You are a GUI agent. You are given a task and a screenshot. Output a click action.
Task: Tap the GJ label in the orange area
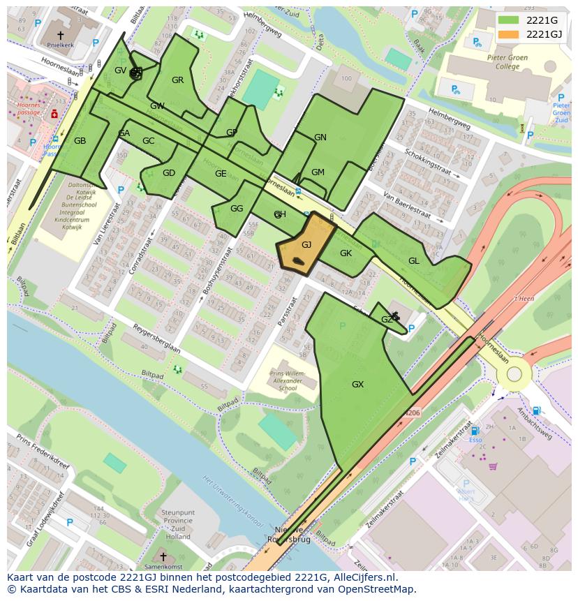coord(306,245)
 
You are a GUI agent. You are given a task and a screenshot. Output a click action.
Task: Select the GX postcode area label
coord(357,385)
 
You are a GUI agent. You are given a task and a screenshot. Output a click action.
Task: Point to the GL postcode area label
coord(414,261)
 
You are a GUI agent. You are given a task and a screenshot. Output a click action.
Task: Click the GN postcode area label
coord(320,138)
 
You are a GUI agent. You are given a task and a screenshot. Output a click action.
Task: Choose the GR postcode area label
coord(177,80)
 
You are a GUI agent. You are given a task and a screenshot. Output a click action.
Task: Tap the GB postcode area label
coord(80,141)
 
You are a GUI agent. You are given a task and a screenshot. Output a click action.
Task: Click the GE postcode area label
coord(221,174)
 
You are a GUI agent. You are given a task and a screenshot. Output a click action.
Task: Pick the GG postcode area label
coord(237,209)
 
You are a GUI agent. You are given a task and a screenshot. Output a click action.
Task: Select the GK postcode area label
coord(346,253)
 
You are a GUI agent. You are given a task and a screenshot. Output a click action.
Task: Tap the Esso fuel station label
coord(475,441)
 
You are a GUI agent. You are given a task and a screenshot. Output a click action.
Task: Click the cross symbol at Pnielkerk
coord(60,34)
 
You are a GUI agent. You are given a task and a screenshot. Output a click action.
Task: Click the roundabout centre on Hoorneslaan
coord(514,374)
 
